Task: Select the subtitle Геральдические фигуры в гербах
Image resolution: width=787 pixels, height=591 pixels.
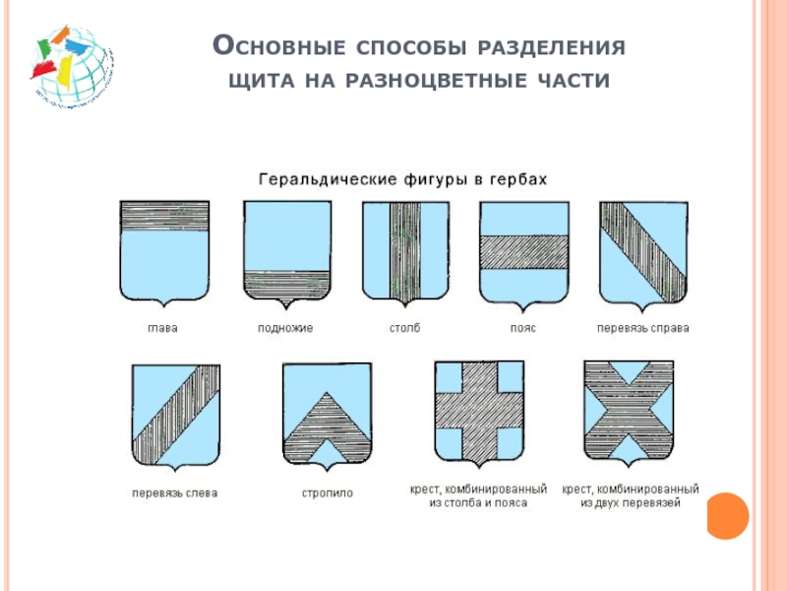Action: pyautogui.click(x=401, y=180)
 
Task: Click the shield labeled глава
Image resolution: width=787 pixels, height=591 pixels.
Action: pyautogui.click(x=163, y=252)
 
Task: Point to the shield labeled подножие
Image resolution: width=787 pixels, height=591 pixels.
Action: pyautogui.click(x=285, y=252)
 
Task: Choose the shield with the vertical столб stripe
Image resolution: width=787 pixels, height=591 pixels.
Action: pyautogui.click(x=405, y=252)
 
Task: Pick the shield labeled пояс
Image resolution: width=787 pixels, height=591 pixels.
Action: pyautogui.click(x=523, y=252)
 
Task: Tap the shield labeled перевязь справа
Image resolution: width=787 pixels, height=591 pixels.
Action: pyautogui.click(x=643, y=252)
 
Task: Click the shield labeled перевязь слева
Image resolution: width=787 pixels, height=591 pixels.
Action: pyautogui.click(x=175, y=414)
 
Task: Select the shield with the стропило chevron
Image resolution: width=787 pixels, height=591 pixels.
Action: pyautogui.click(x=328, y=414)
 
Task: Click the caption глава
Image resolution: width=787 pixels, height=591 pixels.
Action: pyautogui.click(x=163, y=328)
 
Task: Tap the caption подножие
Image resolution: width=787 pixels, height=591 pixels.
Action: pyautogui.click(x=285, y=328)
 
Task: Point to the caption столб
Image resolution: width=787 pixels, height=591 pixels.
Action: pyautogui.click(x=404, y=328)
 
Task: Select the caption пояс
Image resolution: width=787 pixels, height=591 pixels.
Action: pyautogui.click(x=522, y=328)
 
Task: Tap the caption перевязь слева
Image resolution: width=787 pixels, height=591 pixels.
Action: pyautogui.click(x=175, y=492)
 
